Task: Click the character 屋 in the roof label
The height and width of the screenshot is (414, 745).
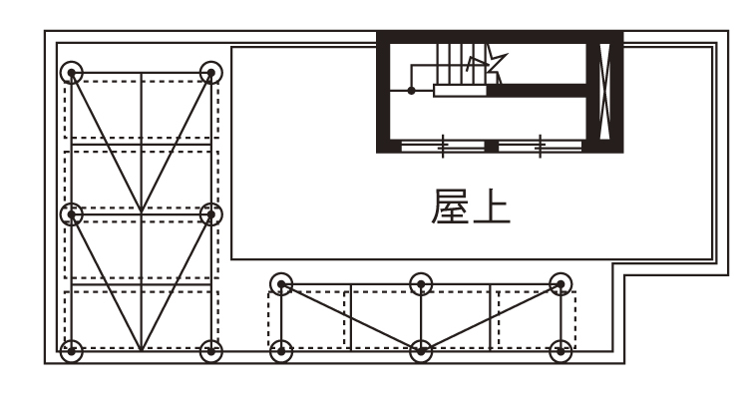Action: [x=445, y=210]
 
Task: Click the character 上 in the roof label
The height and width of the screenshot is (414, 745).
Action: [x=491, y=210]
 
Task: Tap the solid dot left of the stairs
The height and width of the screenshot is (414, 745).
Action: [x=411, y=91]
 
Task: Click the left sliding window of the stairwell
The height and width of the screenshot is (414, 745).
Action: [x=442, y=147]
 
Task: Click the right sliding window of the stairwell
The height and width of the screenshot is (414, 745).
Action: [x=540, y=147]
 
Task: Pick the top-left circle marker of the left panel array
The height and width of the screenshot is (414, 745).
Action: [x=71, y=73]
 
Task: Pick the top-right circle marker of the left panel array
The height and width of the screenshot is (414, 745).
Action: [x=210, y=73]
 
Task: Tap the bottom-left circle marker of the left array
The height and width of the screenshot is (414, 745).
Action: [x=71, y=349]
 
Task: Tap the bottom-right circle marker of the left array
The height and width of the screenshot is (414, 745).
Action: [x=210, y=349]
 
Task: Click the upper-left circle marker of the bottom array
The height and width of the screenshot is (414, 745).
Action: [x=281, y=285]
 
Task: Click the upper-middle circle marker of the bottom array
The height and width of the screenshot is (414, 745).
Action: [x=421, y=285]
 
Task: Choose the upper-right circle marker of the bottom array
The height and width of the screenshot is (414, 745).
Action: [x=561, y=285]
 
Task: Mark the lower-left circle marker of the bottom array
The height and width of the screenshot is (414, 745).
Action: [x=281, y=349]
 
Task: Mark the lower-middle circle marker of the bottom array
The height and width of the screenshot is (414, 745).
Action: [x=421, y=349]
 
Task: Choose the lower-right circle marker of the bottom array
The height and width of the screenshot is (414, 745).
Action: [x=561, y=349]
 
